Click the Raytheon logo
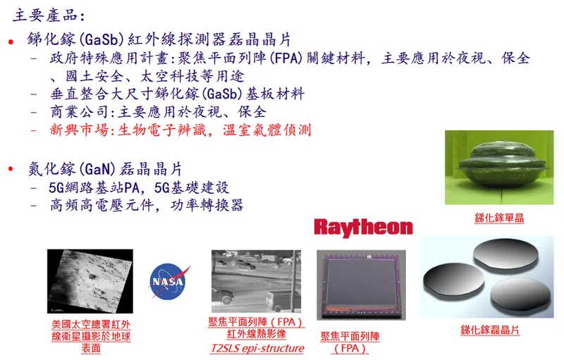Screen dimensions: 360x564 pyautogui.click(x=363, y=227)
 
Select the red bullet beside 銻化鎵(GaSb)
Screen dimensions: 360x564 pyautogui.click(x=11, y=42)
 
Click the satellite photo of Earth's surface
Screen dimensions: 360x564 pyautogui.click(x=90, y=281)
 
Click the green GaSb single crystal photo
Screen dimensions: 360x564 pyautogui.click(x=498, y=168)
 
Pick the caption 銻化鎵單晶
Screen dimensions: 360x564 pyautogui.click(x=498, y=218)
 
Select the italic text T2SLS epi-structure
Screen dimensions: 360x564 pyautogui.click(x=257, y=348)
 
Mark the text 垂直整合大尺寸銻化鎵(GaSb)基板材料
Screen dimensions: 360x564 pyautogui.click(x=177, y=94)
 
